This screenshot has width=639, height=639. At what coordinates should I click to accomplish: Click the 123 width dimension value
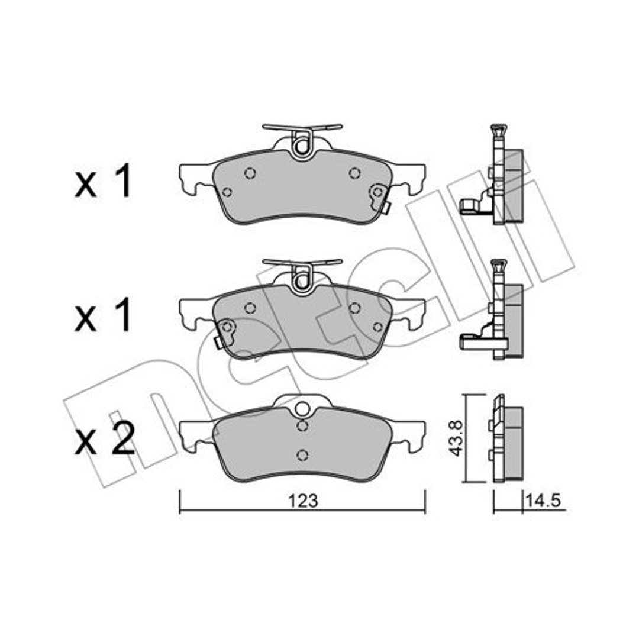tap(303, 501)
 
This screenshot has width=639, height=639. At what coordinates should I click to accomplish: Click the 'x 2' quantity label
tap(104, 438)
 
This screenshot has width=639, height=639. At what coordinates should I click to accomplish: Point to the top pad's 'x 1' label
tap(103, 181)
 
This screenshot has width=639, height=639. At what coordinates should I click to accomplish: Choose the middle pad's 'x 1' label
tap(103, 314)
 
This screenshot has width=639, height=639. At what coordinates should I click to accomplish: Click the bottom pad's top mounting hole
tap(302, 408)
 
